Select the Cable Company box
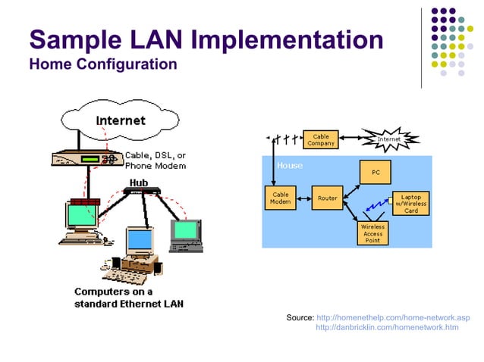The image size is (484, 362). (x=320, y=139)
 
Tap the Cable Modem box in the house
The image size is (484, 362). (x=280, y=198)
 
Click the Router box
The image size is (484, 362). (x=327, y=198)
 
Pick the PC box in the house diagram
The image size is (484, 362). (x=375, y=173)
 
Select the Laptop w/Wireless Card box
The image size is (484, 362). (x=410, y=202)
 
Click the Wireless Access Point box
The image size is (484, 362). (x=372, y=232)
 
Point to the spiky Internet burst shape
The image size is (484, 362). (x=388, y=139)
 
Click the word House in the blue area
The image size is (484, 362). (x=289, y=165)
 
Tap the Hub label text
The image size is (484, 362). (x=138, y=183)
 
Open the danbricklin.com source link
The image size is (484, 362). (x=387, y=327)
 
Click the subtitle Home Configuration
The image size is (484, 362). (x=102, y=64)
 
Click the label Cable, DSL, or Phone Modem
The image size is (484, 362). (x=155, y=160)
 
